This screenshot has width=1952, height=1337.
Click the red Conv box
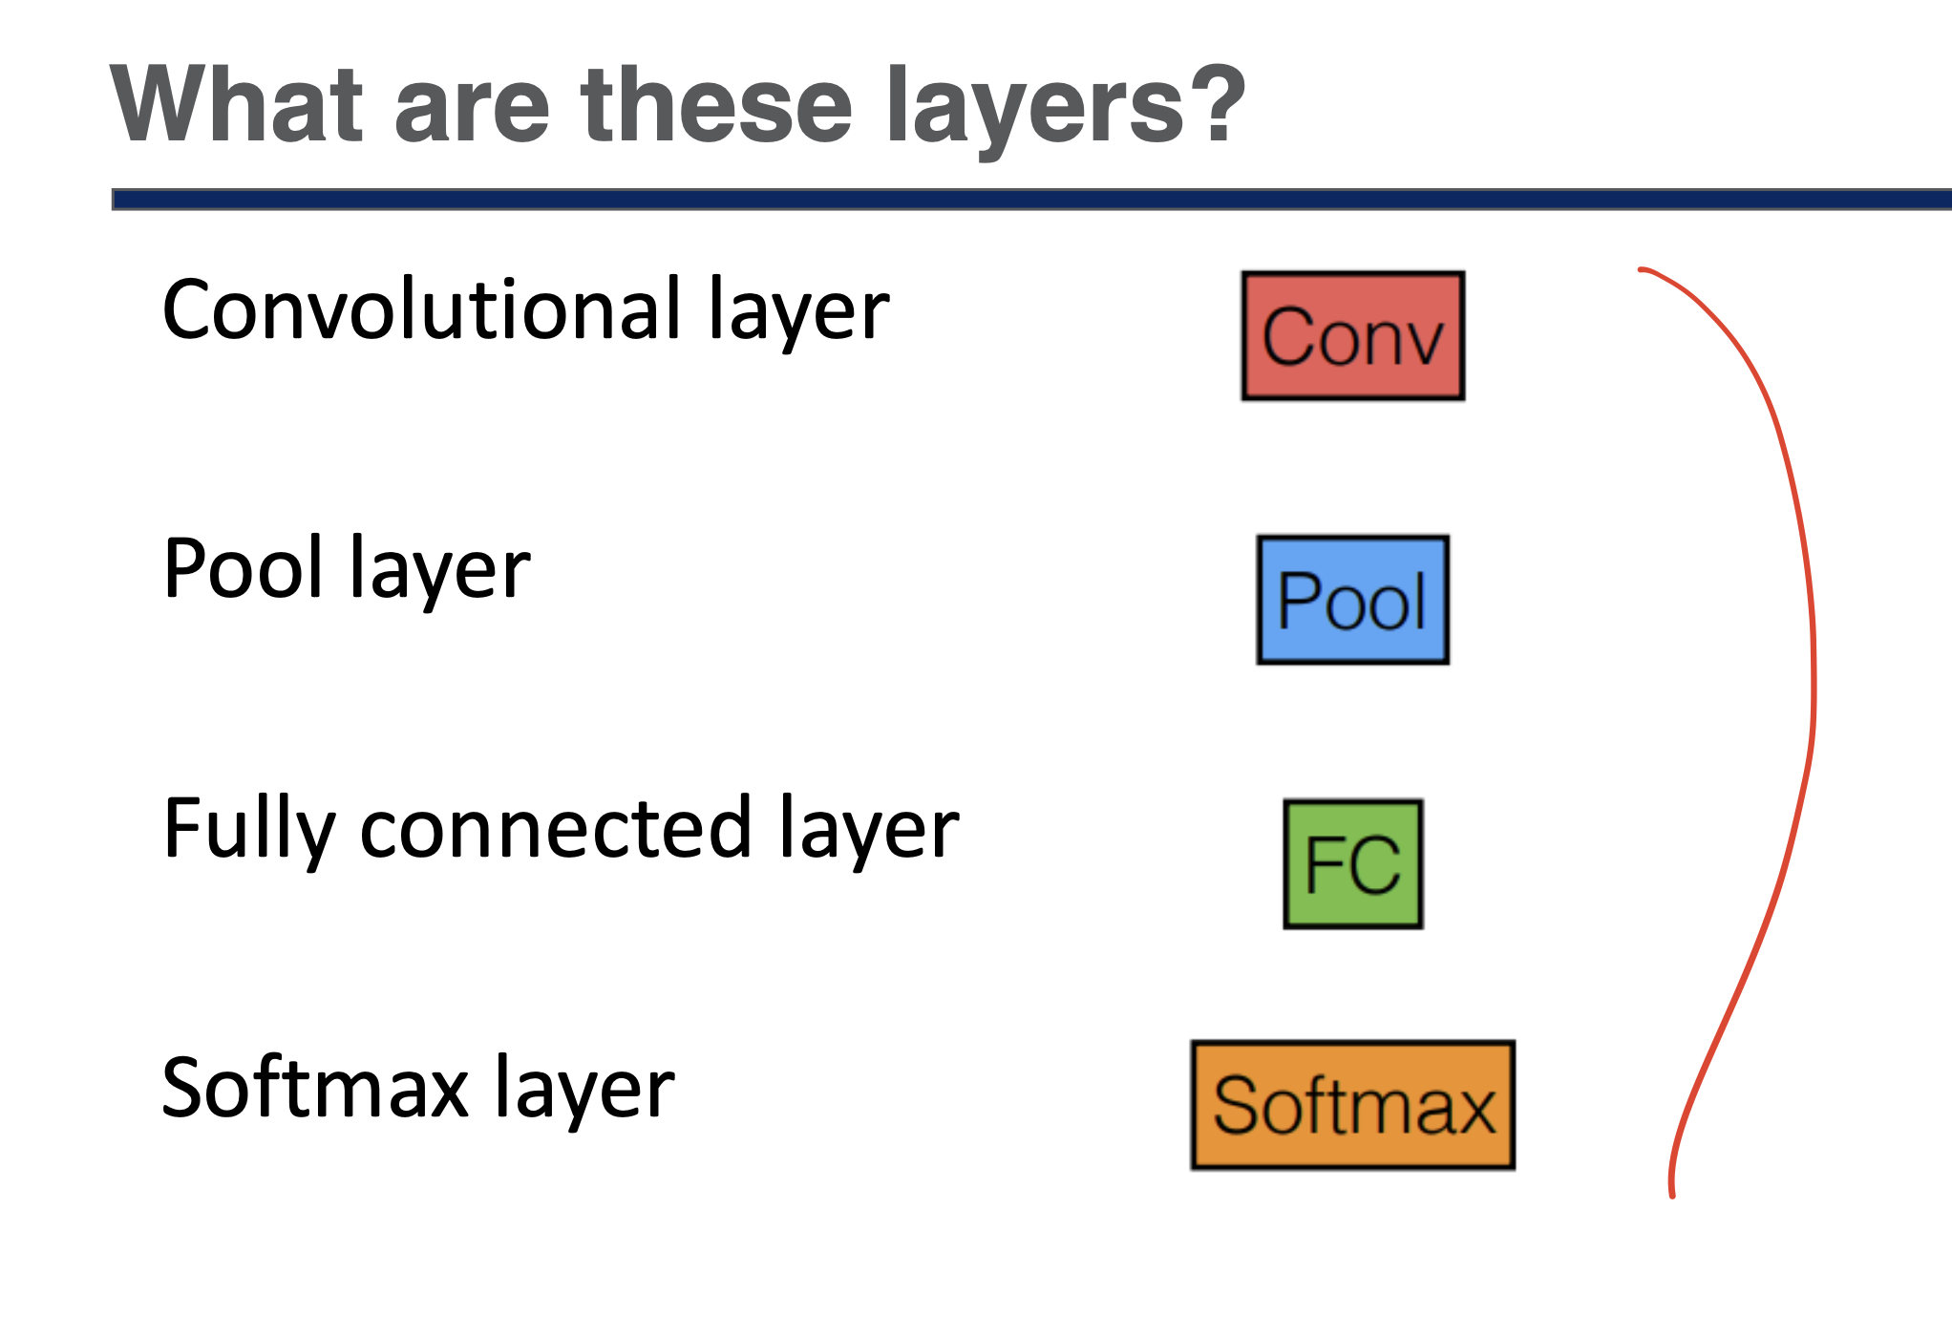[x=1352, y=335]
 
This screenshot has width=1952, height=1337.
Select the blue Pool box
[x=1352, y=600]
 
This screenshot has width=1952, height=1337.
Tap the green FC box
[x=1353, y=863]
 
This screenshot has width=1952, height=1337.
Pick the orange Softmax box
[x=1353, y=1105]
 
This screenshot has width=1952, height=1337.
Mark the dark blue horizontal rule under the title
[x=1031, y=200]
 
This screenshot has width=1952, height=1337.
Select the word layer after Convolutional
[x=798, y=314]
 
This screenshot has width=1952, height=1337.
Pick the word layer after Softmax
[x=584, y=1092]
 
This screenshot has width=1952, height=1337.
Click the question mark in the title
[x=1221, y=104]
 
